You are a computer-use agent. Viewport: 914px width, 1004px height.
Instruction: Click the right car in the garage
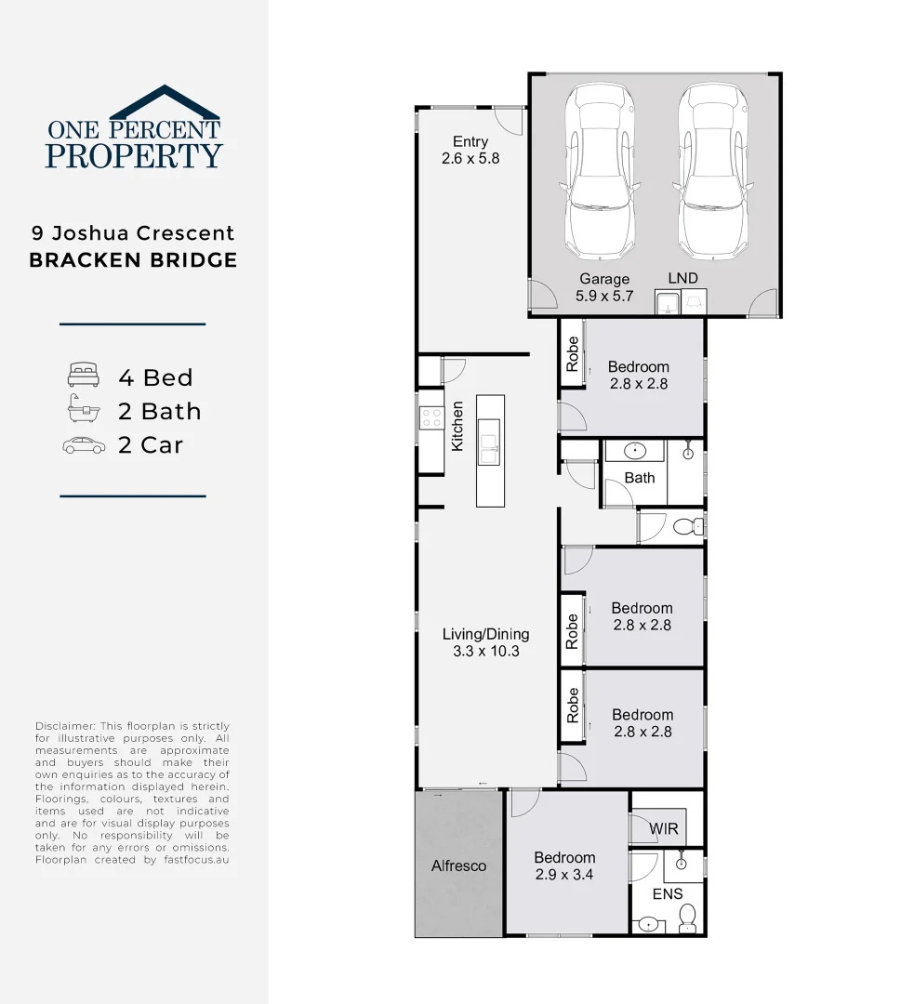coord(712,172)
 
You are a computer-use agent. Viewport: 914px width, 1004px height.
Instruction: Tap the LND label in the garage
coord(682,278)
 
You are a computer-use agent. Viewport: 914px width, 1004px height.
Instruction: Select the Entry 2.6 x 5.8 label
coord(470,150)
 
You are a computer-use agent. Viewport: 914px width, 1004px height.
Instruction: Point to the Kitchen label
coord(457,427)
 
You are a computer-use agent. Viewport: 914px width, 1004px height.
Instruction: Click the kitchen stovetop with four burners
coord(431,418)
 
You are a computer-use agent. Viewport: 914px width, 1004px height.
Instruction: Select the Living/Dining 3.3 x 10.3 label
coord(485,642)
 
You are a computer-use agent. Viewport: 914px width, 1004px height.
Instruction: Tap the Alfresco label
coord(458,865)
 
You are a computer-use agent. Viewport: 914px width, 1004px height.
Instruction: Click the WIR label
coord(664,828)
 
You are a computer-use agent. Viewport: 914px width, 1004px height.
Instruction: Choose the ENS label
coord(667,893)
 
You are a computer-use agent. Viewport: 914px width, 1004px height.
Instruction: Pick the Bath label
coord(640,478)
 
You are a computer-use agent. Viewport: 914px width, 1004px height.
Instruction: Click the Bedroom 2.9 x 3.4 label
coord(564,865)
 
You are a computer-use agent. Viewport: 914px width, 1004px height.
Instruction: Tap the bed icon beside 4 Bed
coord(83,376)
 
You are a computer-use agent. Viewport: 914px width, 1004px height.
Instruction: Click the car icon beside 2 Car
coord(84,445)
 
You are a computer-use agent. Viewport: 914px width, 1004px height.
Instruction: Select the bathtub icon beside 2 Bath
coord(83,410)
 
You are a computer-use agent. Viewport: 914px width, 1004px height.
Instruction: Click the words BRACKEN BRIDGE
coord(133,260)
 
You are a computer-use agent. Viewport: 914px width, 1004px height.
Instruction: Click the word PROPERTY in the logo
coord(134,155)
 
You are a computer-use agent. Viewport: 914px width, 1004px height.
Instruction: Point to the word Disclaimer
coord(64,726)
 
